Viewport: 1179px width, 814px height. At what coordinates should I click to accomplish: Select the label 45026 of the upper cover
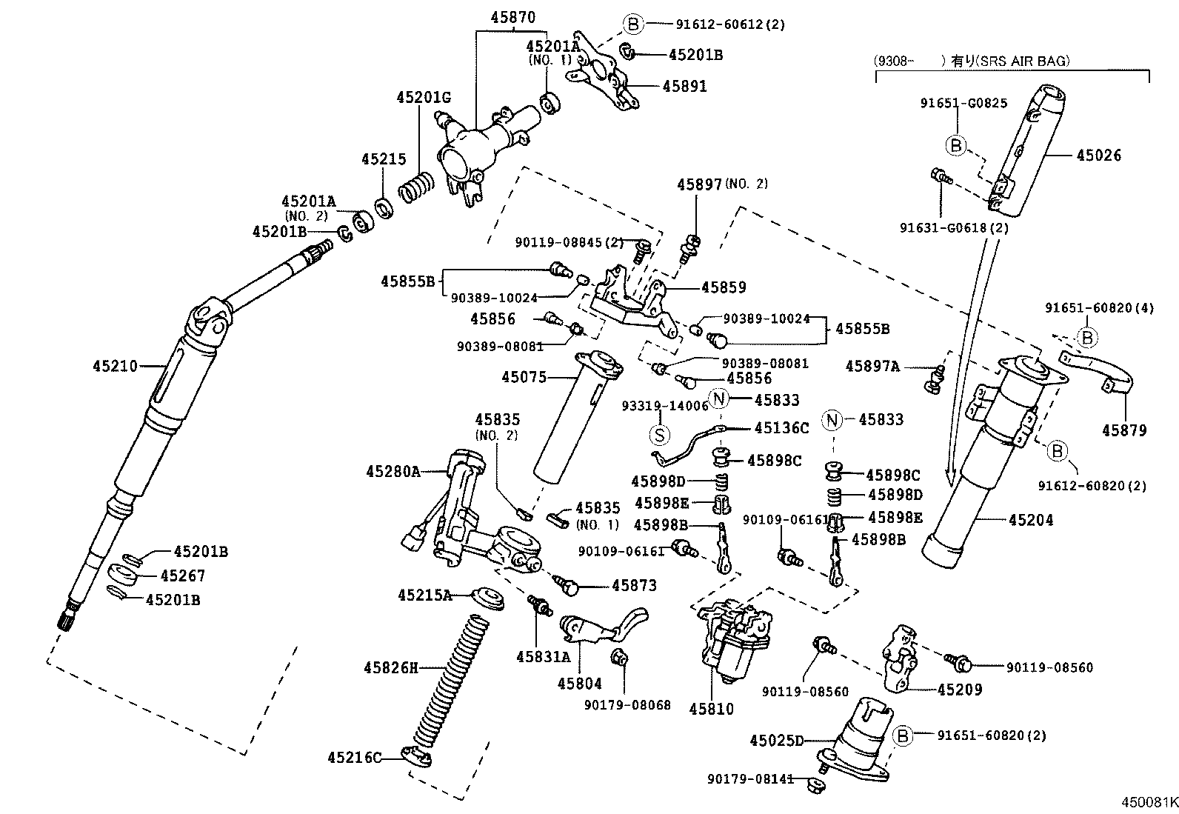point(1099,156)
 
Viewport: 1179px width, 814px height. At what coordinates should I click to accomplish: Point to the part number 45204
point(1031,521)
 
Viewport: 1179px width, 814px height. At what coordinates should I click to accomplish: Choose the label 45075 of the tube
point(524,378)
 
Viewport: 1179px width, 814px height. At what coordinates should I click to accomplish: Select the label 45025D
point(776,741)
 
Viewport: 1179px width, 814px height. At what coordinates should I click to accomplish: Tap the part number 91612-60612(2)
point(729,24)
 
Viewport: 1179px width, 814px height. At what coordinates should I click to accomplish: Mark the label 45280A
point(393,471)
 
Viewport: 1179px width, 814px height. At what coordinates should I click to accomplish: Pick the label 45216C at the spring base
point(354,758)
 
